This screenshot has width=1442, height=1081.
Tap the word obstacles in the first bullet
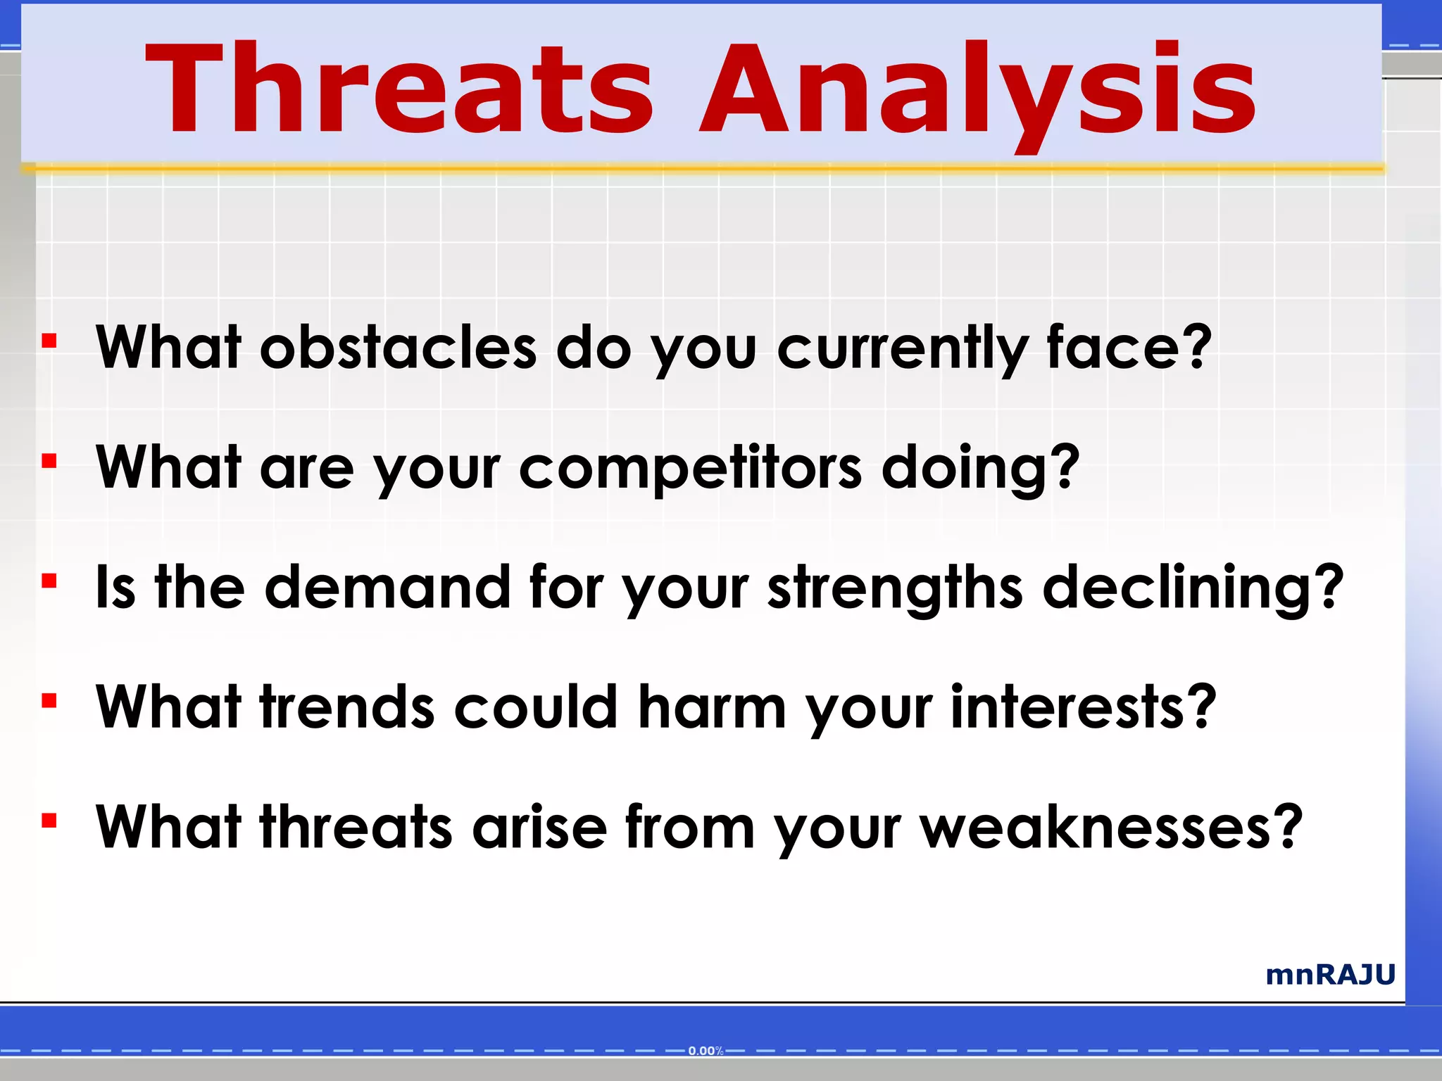click(398, 348)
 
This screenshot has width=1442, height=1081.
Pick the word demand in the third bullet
click(387, 587)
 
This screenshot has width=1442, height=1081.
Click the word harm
click(711, 707)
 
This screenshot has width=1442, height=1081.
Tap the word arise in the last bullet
click(539, 827)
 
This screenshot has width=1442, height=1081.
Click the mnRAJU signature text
click(1330, 975)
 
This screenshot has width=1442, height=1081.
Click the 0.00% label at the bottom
click(706, 1051)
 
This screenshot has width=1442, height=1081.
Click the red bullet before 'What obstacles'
click(49, 341)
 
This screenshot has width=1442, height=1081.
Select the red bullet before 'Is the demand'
click(49, 581)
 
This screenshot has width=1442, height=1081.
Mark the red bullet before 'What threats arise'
click(49, 821)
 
